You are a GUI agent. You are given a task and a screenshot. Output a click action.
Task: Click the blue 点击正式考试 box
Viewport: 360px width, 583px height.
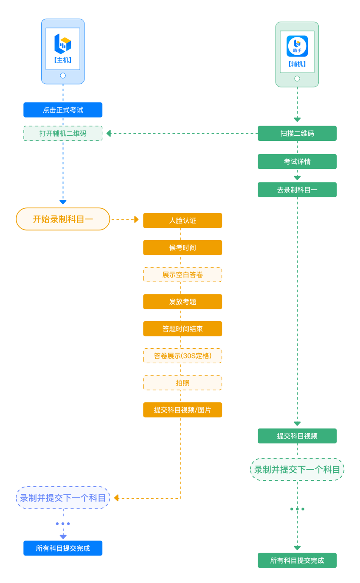point(63,110)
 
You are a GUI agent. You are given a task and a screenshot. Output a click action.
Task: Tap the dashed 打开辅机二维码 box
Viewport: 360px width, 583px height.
point(63,133)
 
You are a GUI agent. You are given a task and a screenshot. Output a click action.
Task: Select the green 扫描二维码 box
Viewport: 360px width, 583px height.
point(297,133)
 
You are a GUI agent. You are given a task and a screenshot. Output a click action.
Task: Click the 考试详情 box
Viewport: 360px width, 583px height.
point(297,162)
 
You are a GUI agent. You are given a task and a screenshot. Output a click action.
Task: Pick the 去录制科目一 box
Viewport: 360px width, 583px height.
point(297,190)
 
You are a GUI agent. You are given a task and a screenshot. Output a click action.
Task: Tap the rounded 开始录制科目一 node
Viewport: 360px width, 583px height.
point(63,219)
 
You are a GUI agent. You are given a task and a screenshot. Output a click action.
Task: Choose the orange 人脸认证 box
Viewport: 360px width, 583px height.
point(183,221)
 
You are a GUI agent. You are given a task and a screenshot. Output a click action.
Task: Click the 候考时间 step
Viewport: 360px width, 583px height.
point(183,247)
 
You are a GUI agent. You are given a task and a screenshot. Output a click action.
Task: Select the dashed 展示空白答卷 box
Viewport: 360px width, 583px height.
point(183,275)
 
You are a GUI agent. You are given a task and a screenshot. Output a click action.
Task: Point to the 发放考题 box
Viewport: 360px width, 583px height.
point(183,302)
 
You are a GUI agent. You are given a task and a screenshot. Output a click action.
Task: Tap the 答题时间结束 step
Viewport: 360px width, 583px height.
point(183,329)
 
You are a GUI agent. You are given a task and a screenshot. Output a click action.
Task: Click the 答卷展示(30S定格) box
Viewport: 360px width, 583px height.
point(183,356)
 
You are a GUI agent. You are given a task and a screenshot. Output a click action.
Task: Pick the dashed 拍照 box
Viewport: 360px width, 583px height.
point(183,383)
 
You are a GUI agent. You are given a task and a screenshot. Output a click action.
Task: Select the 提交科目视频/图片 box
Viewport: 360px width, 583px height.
point(183,410)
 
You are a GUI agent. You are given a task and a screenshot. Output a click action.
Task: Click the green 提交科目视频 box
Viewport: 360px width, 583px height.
point(297,436)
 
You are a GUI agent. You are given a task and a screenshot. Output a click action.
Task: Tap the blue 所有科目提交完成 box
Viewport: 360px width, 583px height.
point(63,548)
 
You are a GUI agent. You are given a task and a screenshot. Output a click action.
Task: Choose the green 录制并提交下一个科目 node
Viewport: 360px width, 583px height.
point(297,469)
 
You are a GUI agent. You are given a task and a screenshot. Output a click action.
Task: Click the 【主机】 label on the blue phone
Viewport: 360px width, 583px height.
point(63,60)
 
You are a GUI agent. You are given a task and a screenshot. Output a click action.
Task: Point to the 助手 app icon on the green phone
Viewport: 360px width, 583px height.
point(297,46)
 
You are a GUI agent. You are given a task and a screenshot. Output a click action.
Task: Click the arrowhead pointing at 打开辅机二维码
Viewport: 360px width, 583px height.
point(109,133)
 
